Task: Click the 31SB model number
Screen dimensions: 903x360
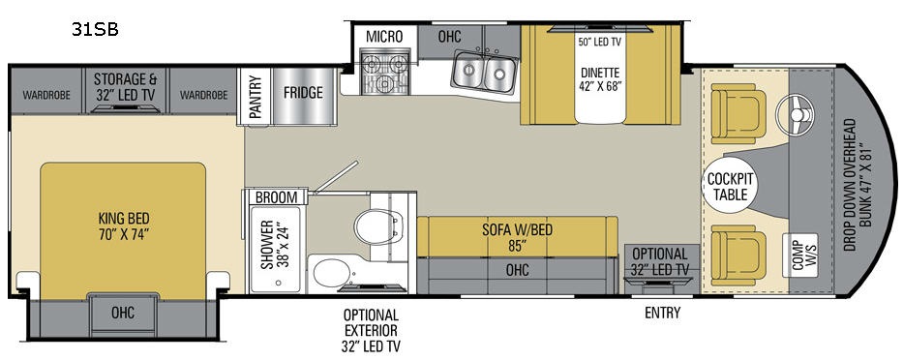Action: click(x=95, y=29)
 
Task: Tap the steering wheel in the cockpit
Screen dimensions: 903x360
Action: click(x=798, y=114)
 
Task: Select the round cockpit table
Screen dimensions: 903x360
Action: click(x=730, y=186)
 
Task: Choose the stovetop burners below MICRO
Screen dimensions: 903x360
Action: click(x=384, y=72)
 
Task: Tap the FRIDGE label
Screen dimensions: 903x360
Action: click(x=303, y=93)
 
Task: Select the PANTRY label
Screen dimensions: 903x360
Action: click(x=256, y=97)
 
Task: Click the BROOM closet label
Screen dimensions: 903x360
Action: click(x=277, y=197)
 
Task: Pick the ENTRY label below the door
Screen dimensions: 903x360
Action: click(x=662, y=313)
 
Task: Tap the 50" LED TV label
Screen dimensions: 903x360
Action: click(x=599, y=42)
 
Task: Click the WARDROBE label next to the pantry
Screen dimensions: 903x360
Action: click(x=204, y=95)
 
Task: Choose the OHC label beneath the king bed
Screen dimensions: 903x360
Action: click(x=123, y=313)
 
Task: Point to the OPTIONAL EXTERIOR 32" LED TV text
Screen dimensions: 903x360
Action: click(x=372, y=331)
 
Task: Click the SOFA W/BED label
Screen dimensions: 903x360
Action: click(x=518, y=238)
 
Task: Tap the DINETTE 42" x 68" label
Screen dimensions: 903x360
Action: click(x=600, y=80)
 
